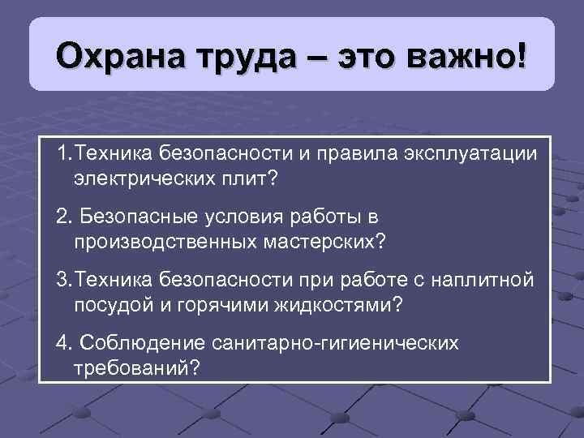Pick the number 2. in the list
[65, 217]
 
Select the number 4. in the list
[65, 344]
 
